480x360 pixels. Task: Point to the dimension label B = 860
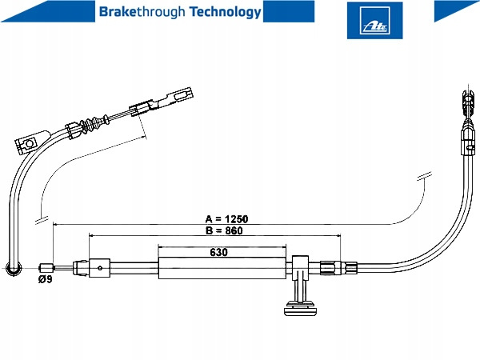224,230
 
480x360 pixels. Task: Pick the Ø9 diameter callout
45,280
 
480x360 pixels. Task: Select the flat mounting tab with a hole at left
27,143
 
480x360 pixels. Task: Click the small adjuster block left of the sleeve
99,265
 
